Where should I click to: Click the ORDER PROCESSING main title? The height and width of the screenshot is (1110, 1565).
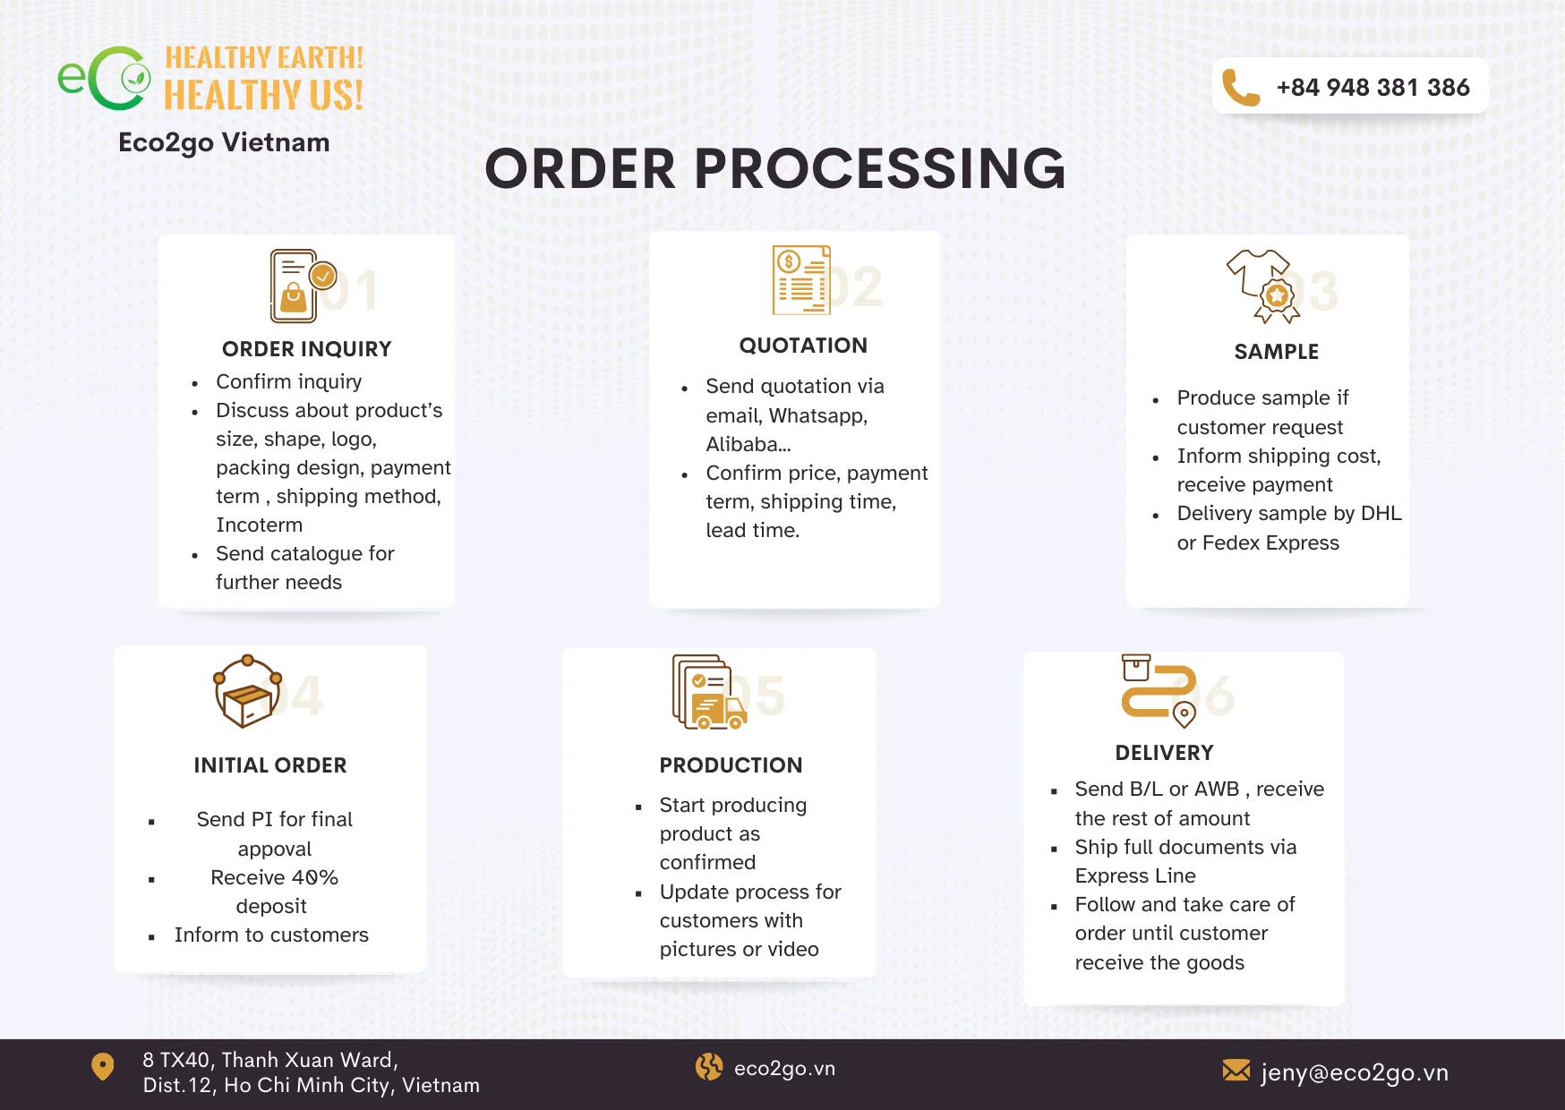point(774,169)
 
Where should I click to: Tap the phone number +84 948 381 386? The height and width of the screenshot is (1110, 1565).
point(1373,88)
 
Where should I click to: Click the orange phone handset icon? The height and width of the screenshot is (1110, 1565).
point(1241,88)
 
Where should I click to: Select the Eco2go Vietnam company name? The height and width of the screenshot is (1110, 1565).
point(224,142)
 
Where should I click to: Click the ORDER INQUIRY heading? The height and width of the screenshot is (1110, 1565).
point(306,349)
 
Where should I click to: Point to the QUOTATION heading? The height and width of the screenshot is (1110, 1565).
point(803,346)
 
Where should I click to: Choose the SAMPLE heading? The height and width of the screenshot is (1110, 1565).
point(1276,352)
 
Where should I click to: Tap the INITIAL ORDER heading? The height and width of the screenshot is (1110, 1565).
point(270,765)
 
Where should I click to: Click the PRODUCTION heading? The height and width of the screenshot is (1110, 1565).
point(731,765)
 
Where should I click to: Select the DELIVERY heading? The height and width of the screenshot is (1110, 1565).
point(1164,753)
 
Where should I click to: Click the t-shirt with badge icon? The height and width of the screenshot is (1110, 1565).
point(1263,286)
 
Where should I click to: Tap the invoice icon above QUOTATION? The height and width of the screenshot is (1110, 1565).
point(801,280)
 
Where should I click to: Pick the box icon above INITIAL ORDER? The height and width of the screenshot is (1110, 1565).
point(248,692)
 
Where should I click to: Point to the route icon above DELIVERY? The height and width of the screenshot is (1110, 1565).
point(1159,690)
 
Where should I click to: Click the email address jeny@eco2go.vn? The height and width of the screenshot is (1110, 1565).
point(1354,1072)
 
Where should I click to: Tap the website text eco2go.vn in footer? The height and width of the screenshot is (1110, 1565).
point(784,1069)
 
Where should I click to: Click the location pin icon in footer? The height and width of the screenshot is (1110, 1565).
point(103,1066)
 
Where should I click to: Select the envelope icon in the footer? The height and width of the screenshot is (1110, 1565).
point(1236,1070)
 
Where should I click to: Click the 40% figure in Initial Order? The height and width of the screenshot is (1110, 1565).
point(314,877)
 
